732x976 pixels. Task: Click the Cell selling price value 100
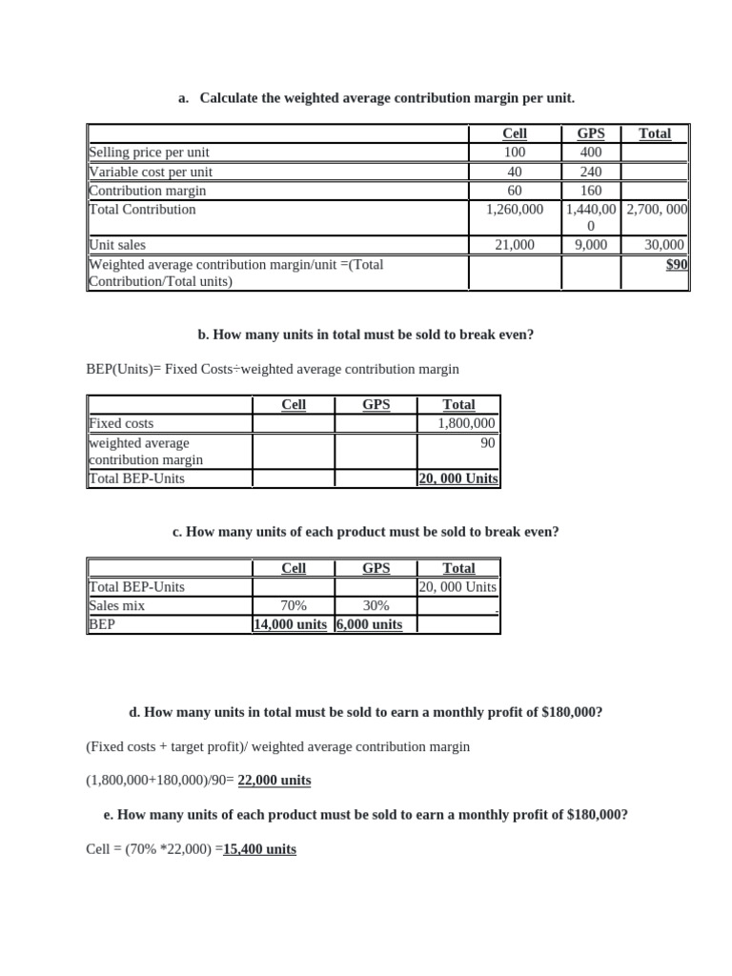pyautogui.click(x=515, y=152)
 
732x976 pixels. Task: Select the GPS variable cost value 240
pyautogui.click(x=591, y=172)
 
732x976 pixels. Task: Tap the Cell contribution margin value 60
pyautogui.click(x=515, y=191)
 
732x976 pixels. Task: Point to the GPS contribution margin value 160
pyautogui.click(x=591, y=191)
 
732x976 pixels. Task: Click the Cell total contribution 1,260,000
pyautogui.click(x=515, y=209)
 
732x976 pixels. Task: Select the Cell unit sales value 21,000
pyautogui.click(x=515, y=245)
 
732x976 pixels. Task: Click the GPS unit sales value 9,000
pyautogui.click(x=591, y=245)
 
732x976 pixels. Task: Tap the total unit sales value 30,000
pyautogui.click(x=664, y=245)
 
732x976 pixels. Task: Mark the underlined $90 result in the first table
pyautogui.click(x=676, y=264)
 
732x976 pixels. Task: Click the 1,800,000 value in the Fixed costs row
pyautogui.click(x=466, y=423)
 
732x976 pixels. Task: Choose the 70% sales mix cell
pyautogui.click(x=294, y=605)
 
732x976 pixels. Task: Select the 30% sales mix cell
pyautogui.click(x=376, y=605)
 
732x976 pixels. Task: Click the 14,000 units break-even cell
pyautogui.click(x=290, y=624)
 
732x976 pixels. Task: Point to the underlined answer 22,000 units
pyautogui.click(x=274, y=780)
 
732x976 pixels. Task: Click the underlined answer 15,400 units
pyautogui.click(x=259, y=848)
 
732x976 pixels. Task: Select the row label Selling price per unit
pyautogui.click(x=149, y=152)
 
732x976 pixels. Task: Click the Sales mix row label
pyautogui.click(x=117, y=605)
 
